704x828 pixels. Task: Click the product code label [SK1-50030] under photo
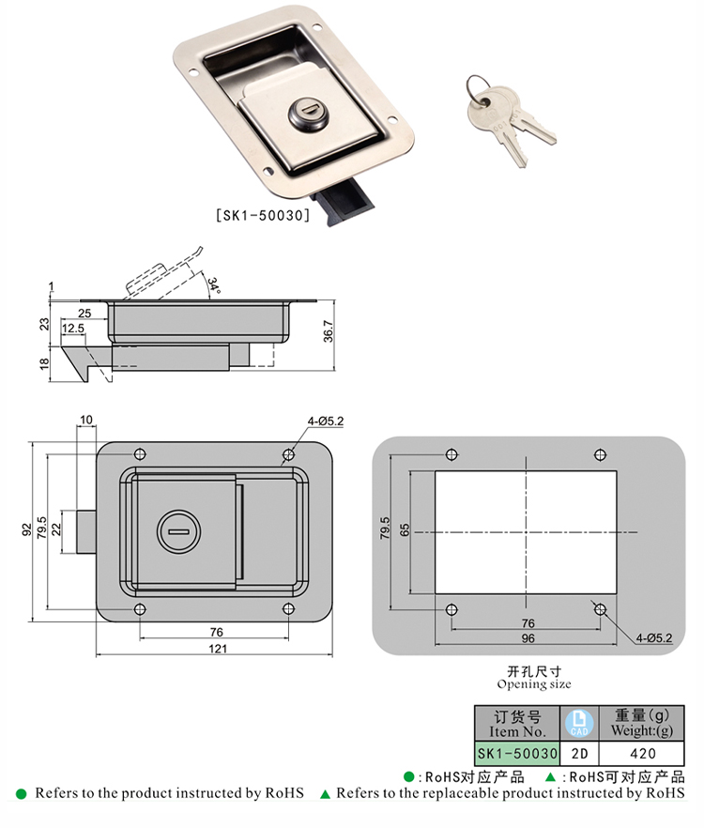(263, 216)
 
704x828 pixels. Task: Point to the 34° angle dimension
(213, 285)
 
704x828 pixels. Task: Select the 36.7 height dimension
(329, 331)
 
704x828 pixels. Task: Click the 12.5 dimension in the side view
(73, 329)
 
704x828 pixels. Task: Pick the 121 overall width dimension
(218, 649)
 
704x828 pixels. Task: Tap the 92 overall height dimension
(27, 530)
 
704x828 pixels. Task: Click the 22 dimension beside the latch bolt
(56, 529)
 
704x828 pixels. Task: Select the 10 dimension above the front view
(86, 420)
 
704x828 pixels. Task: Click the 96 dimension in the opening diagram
(528, 638)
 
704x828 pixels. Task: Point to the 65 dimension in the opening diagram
(405, 529)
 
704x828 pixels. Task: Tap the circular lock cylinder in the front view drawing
(178, 531)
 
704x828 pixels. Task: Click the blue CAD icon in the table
(579, 724)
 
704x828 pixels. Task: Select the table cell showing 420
(642, 754)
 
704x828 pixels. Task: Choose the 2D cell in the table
(579, 754)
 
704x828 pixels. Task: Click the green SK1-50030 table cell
(517, 754)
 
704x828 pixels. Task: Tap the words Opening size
(534, 684)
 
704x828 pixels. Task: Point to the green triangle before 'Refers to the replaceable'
(326, 793)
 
